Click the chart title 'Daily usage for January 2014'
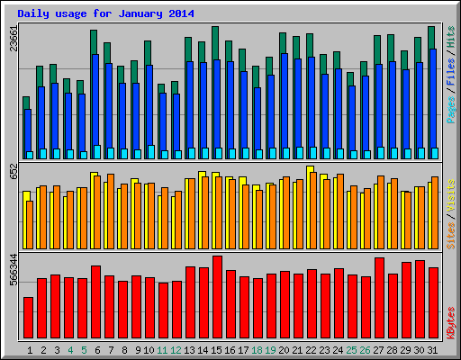pyautogui.click(x=105, y=13)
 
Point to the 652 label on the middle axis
pyautogui.click(x=13, y=170)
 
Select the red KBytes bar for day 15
pyautogui.click(x=217, y=297)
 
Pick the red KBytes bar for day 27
pyautogui.click(x=379, y=298)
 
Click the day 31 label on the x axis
pyautogui.click(x=433, y=349)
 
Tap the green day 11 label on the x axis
pyautogui.click(x=162, y=349)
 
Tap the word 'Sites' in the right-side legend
pyautogui.click(x=451, y=229)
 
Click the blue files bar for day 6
pyautogui.click(x=95, y=103)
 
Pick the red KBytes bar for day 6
pyautogui.click(x=95, y=301)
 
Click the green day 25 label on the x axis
pyautogui.click(x=352, y=349)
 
